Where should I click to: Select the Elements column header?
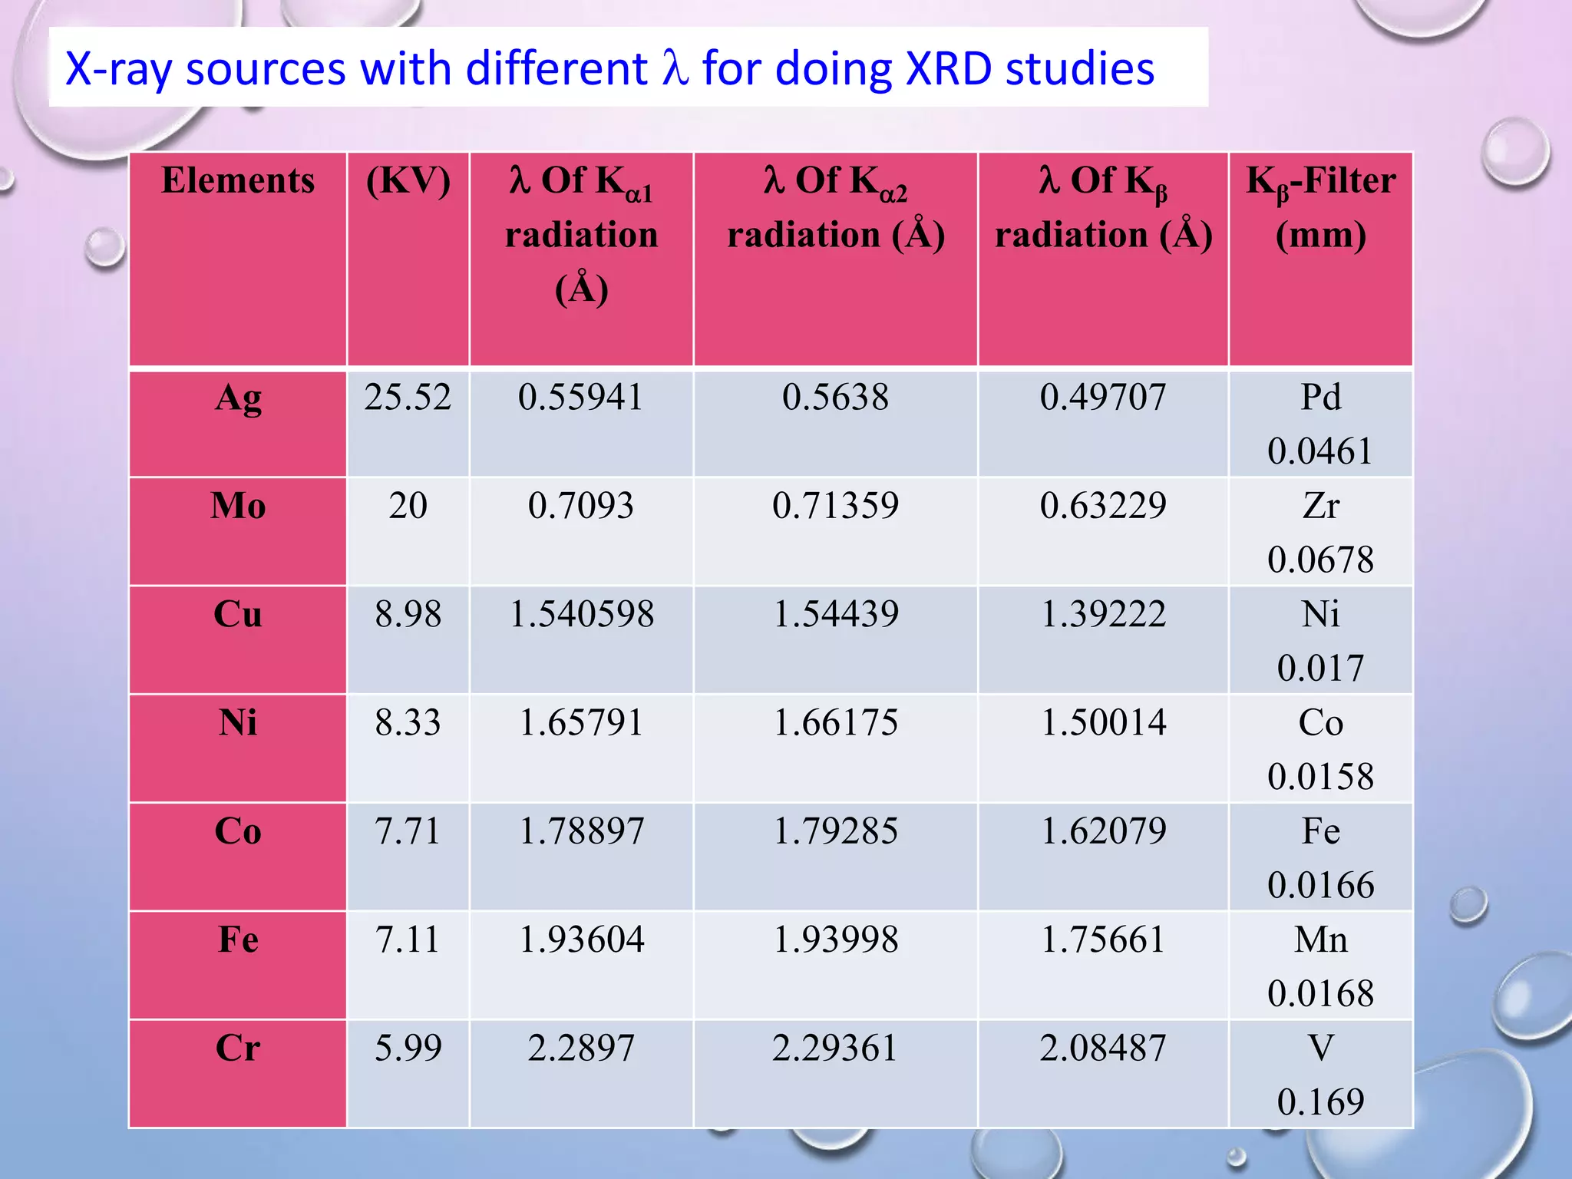pyautogui.click(x=238, y=181)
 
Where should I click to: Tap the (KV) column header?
pyautogui.click(x=408, y=181)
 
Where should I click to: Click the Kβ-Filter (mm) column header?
pyautogui.click(x=1320, y=207)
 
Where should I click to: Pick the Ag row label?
pyautogui.click(x=238, y=398)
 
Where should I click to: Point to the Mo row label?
pyautogui.click(x=238, y=506)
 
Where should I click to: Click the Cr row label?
pyautogui.click(x=238, y=1048)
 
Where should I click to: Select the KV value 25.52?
pyautogui.click(x=408, y=398)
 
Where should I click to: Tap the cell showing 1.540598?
pyautogui.click(x=582, y=614)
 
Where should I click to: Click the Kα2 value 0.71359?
pyautogui.click(x=835, y=506)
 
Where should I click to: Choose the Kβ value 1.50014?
pyautogui.click(x=1103, y=722)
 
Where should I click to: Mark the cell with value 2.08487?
pyautogui.click(x=1103, y=1048)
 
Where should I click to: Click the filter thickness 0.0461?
pyautogui.click(x=1320, y=451)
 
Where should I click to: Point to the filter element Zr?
pyautogui.click(x=1320, y=506)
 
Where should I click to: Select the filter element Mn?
pyautogui.click(x=1320, y=940)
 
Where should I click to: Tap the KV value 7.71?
pyautogui.click(x=408, y=831)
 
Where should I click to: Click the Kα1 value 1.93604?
pyautogui.click(x=582, y=940)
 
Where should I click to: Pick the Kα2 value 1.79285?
pyautogui.click(x=835, y=831)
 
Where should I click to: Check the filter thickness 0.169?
pyautogui.click(x=1320, y=1102)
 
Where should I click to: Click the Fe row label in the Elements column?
pyautogui.click(x=238, y=940)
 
